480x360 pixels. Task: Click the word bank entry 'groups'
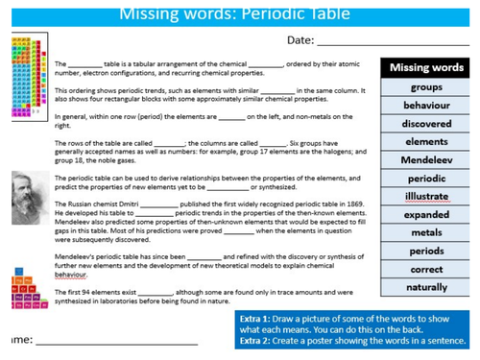426,87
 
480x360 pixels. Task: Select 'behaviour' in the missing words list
426,106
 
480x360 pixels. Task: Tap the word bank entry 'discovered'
426,124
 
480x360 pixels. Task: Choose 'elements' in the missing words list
426,142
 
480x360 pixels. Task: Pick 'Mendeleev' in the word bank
426,160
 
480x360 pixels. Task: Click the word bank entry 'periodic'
426,179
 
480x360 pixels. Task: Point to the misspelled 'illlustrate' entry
426,197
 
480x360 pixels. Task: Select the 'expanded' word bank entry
426,215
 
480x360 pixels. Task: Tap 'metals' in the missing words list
426,232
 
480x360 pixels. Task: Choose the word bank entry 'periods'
426,251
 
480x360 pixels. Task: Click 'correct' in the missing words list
426,269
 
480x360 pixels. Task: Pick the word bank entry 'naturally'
426,287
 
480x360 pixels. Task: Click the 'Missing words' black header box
426,68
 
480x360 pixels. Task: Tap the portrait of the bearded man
26,198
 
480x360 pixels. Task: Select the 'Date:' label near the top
300,39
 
